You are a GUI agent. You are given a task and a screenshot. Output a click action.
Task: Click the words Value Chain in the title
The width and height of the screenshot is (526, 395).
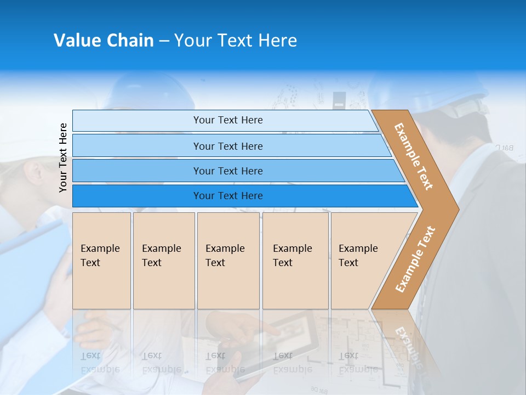[x=104, y=41]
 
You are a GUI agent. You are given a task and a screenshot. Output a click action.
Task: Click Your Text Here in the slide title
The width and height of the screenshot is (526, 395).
[x=236, y=41]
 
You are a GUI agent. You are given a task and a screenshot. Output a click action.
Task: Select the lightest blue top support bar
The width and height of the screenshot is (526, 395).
[x=227, y=120]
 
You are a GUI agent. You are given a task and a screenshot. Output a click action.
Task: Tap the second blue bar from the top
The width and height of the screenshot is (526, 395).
[x=227, y=146]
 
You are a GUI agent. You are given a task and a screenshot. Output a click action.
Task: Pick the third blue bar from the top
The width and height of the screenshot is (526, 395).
[x=227, y=171]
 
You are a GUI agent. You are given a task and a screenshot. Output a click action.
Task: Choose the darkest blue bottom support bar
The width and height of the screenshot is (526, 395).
[x=227, y=196]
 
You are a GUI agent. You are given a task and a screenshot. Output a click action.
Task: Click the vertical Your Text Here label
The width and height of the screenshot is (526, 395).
[x=63, y=157]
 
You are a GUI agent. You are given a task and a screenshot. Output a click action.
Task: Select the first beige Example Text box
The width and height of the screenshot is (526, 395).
[x=101, y=261]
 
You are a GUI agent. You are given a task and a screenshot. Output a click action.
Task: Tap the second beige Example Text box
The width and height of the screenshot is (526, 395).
[x=163, y=261]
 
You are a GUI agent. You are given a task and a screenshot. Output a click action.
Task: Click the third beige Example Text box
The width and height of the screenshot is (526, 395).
[x=228, y=261]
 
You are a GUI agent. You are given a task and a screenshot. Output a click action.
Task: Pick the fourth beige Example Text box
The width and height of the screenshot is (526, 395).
[x=295, y=261]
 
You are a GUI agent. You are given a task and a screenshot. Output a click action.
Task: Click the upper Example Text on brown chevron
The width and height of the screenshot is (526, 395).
[x=414, y=156]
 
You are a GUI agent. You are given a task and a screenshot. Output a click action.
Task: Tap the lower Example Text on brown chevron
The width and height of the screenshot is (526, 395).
[x=415, y=259]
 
